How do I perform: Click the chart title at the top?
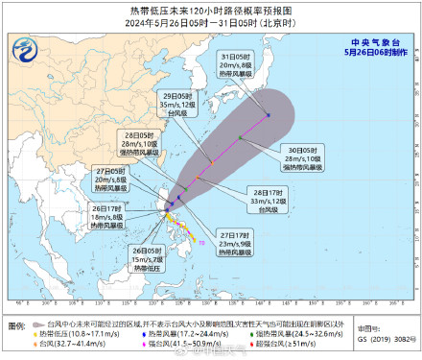coord(212,9)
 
